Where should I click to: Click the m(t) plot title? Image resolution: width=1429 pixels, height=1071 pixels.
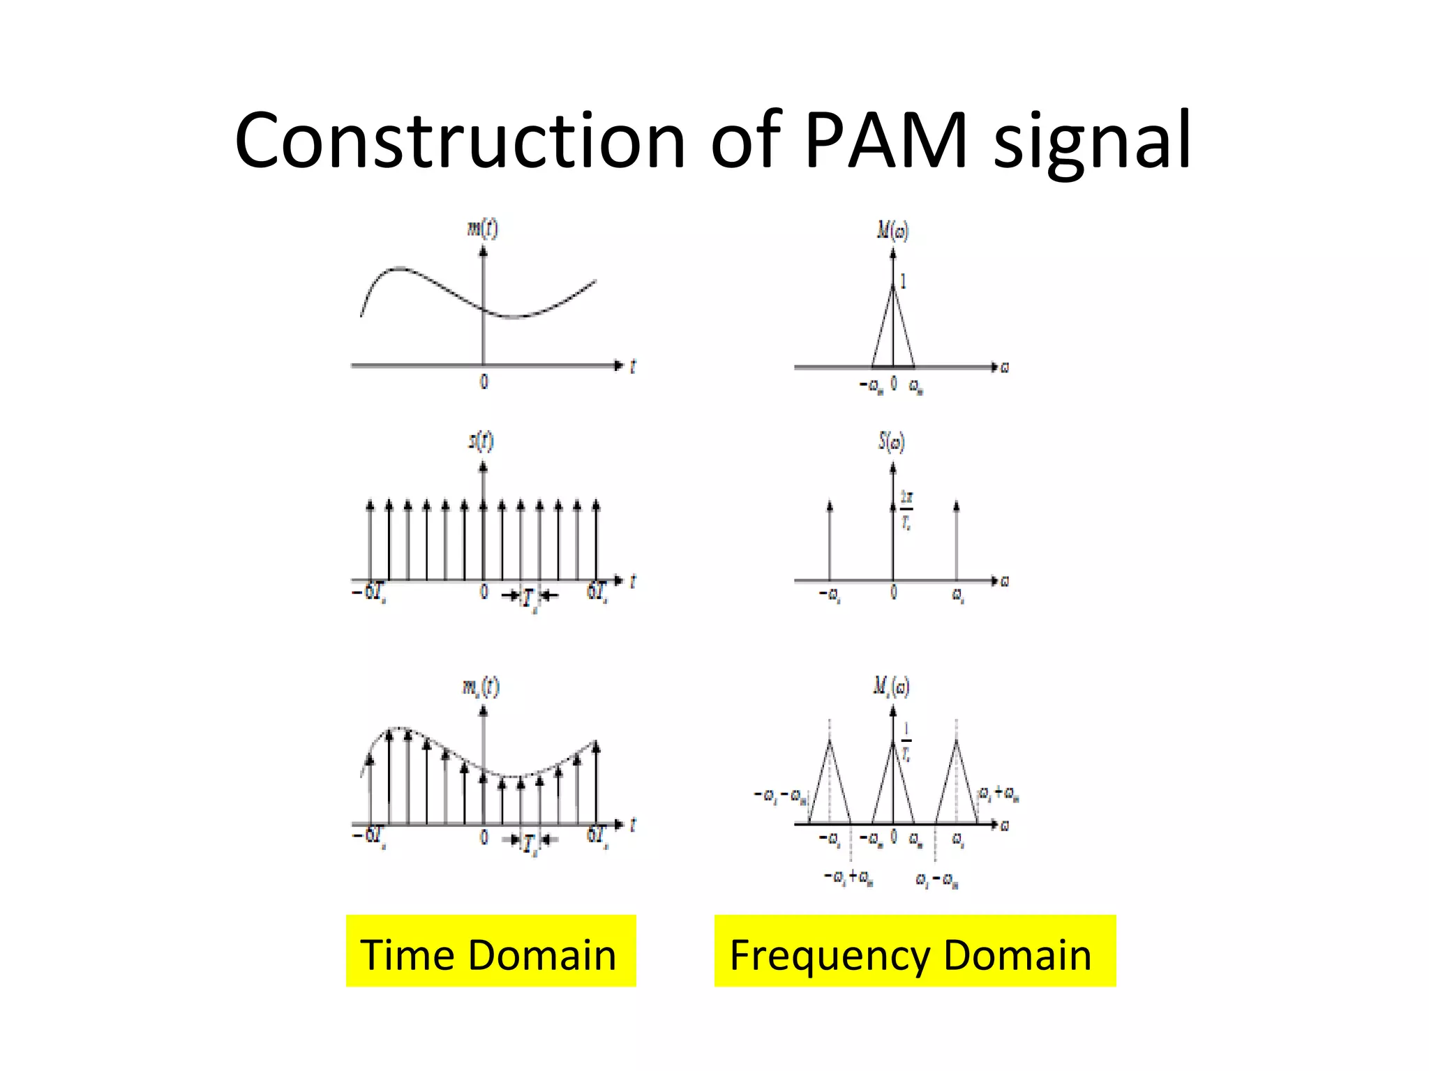(482, 228)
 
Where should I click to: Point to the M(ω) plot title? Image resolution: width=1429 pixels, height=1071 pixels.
(892, 230)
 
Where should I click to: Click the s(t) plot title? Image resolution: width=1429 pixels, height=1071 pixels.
(481, 441)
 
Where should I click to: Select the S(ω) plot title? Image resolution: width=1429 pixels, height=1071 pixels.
(892, 442)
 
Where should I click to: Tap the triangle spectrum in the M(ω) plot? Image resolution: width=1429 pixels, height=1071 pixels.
(893, 335)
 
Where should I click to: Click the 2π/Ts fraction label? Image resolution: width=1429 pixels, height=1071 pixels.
(906, 510)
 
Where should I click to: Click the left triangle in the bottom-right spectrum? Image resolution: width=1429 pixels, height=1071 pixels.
(830, 788)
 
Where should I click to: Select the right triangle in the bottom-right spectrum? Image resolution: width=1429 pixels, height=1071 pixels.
(957, 788)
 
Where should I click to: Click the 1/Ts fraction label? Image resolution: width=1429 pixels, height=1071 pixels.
(906, 741)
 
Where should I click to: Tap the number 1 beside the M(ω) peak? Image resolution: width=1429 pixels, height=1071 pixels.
(904, 282)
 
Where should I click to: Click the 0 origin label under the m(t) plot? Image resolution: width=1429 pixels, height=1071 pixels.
(484, 381)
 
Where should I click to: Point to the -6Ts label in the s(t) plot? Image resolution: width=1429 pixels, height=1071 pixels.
(369, 593)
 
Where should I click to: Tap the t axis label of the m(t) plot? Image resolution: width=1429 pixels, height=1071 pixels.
(633, 366)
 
